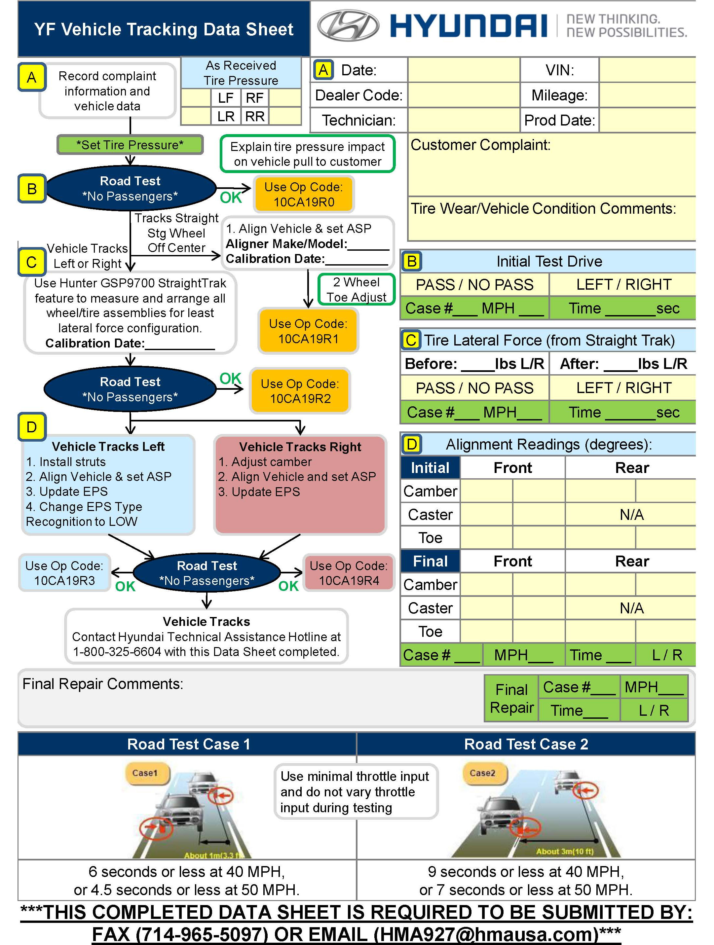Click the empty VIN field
pyautogui.click(x=647, y=70)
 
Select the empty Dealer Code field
pyautogui.click(x=464, y=95)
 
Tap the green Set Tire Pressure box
pyautogui.click(x=130, y=145)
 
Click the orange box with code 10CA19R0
pyautogui.click(x=304, y=194)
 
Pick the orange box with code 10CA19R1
pyautogui.click(x=308, y=331)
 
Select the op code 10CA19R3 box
pyautogui.click(x=64, y=573)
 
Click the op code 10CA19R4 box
pyautogui.click(x=349, y=573)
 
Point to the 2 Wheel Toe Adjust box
pyautogui.click(x=357, y=290)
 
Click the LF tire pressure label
pyautogui.click(x=226, y=98)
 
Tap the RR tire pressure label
pyautogui.click(x=255, y=116)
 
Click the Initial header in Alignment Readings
pyautogui.click(x=430, y=468)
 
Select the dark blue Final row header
pyautogui.click(x=430, y=561)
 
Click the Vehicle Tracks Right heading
pyautogui.click(x=300, y=447)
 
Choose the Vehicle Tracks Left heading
pyautogui.click(x=108, y=447)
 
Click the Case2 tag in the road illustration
pyautogui.click(x=482, y=773)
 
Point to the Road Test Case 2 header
pyautogui.click(x=526, y=744)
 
